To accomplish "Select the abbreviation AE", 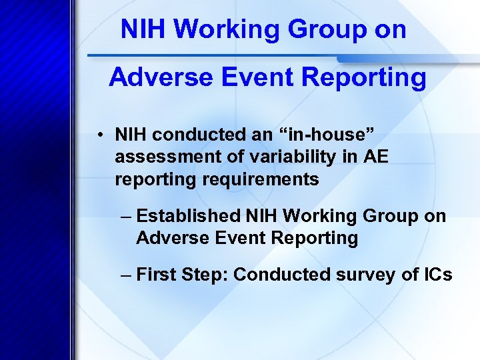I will click(375, 157).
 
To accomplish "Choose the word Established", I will click(189, 216).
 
